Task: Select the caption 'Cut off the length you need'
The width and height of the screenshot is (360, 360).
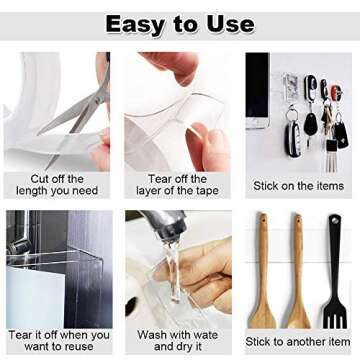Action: click(x=57, y=185)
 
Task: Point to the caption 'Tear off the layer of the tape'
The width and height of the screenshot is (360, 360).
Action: click(x=177, y=185)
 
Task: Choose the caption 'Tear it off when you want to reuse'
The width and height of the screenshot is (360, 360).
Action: click(x=57, y=340)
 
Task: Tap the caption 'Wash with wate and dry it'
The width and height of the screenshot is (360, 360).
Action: click(x=177, y=340)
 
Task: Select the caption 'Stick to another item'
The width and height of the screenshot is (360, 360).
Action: click(x=297, y=341)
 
